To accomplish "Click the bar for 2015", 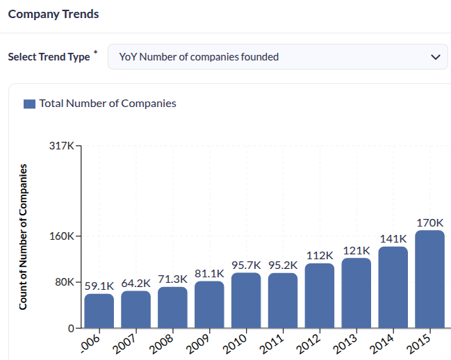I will (x=429, y=279).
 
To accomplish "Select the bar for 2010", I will (x=246, y=300).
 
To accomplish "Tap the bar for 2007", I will (x=136, y=309).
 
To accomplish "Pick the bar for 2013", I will (x=356, y=293).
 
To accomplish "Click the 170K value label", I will (x=429, y=222).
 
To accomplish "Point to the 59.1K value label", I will (x=99, y=285).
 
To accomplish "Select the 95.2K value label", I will (x=283, y=265).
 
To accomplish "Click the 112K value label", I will (x=320, y=255).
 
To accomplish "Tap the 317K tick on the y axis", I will (x=62, y=146).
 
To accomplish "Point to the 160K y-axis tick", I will (x=62, y=236).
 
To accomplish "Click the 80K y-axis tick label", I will (x=65, y=282).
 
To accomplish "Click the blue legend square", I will (x=29, y=104).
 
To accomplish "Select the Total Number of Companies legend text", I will (x=108, y=104).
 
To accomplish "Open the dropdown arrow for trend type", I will (x=436, y=57).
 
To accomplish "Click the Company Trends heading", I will (x=54, y=14).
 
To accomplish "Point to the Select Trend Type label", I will (x=49, y=57).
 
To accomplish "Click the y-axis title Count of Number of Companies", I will (x=23, y=236).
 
